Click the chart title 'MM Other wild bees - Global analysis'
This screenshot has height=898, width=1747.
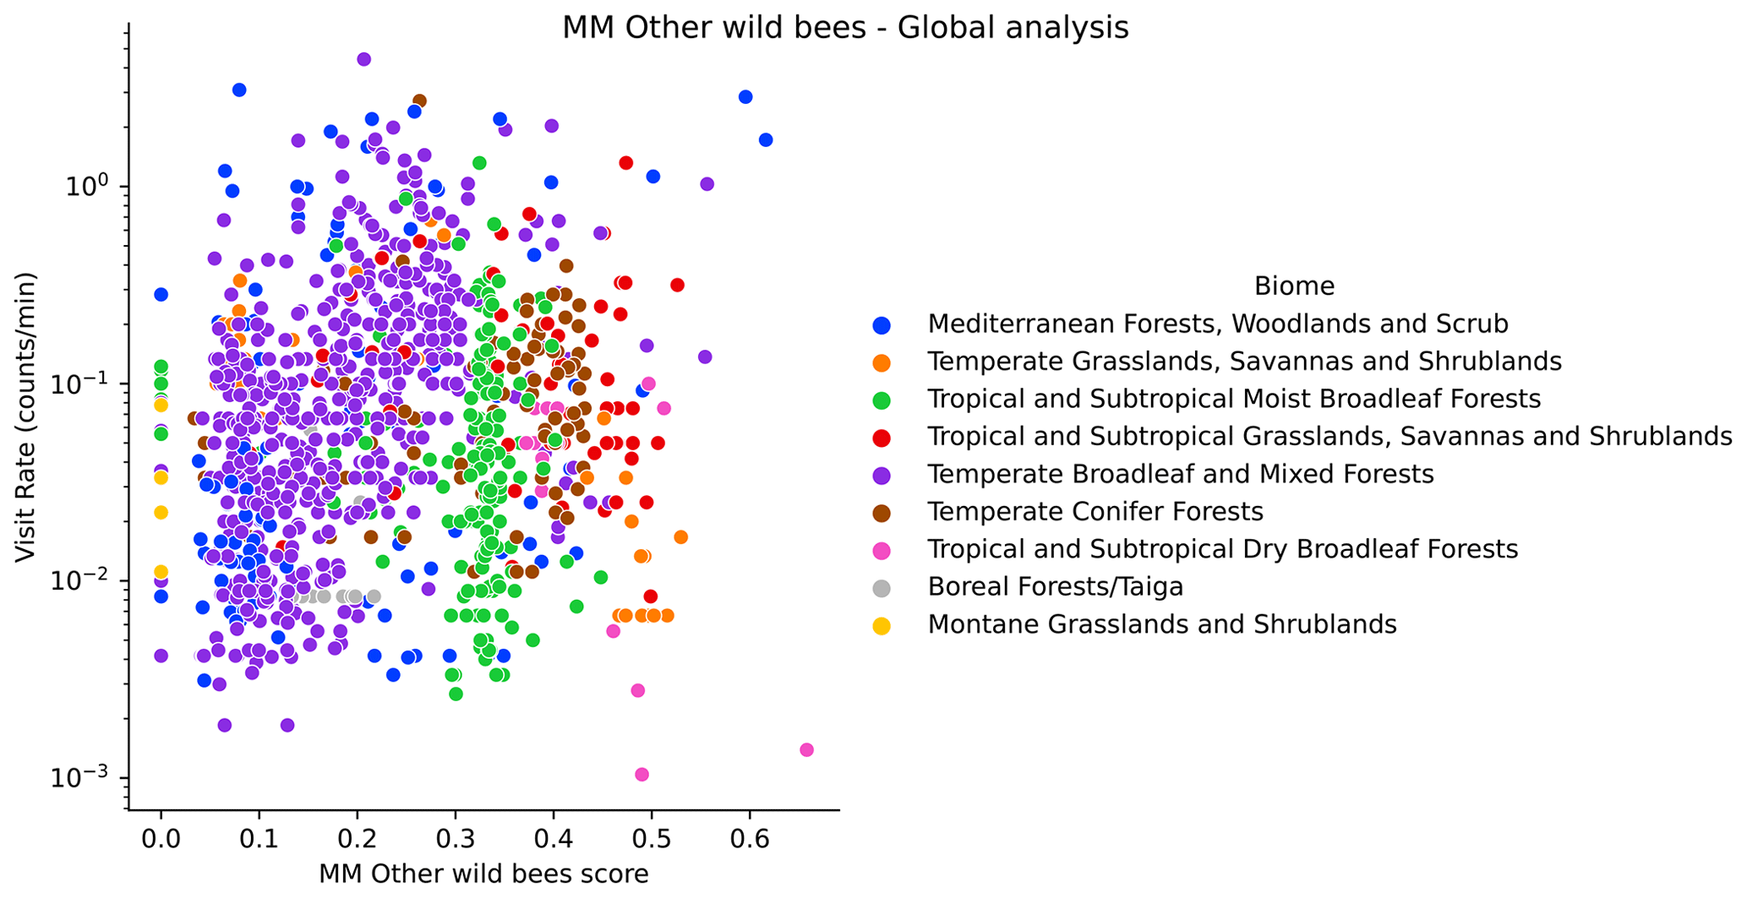tap(845, 28)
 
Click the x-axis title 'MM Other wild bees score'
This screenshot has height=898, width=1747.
tap(483, 874)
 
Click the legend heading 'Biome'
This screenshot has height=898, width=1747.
tap(1293, 286)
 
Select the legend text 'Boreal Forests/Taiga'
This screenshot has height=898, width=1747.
tap(1055, 586)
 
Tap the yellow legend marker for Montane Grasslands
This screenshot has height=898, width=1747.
tap(882, 625)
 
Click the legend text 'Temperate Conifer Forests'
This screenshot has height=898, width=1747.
tap(1095, 512)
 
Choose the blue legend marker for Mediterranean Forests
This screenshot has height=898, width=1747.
tap(882, 324)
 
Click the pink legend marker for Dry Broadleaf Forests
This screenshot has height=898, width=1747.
tap(882, 550)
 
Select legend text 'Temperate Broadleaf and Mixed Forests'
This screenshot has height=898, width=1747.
tap(1180, 474)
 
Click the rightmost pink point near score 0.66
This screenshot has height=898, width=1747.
tap(806, 749)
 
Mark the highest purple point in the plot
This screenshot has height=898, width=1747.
tap(364, 59)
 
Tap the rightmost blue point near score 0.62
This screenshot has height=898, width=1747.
tap(766, 139)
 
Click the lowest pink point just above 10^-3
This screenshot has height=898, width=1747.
tap(641, 775)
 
